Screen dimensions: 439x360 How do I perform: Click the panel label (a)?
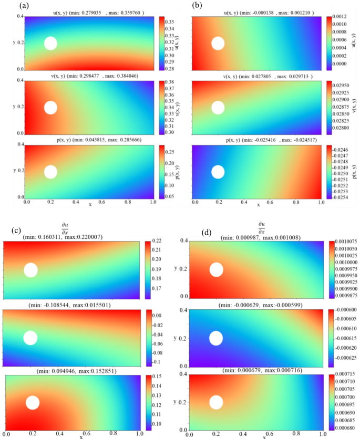pos(9,6)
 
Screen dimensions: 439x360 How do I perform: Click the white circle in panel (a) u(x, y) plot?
pos(50,43)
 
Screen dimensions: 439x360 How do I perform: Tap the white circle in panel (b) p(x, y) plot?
pos(218,172)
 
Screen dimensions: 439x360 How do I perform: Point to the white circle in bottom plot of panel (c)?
pos(33,403)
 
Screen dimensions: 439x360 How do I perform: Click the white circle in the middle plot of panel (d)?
pos(216,338)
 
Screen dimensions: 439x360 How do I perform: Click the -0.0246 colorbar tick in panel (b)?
pos(344,149)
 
